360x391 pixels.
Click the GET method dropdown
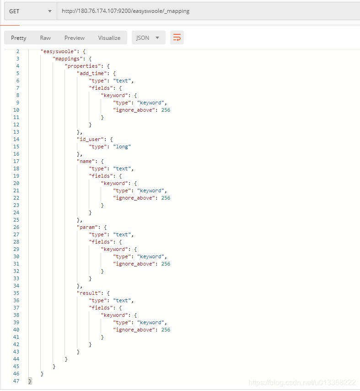pyautogui.click(x=30, y=11)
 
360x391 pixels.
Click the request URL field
pyautogui.click(x=206, y=11)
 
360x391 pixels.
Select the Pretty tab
pyautogui.click(x=19, y=38)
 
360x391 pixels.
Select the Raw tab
pyautogui.click(x=45, y=38)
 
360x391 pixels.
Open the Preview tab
pyautogui.click(x=74, y=38)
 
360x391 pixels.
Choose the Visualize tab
pyautogui.click(x=109, y=38)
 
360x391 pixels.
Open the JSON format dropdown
pyautogui.click(x=148, y=38)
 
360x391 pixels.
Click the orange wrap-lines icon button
pyautogui.click(x=177, y=38)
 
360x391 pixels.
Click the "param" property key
pyautogui.click(x=87, y=227)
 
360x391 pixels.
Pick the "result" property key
pyautogui.click(x=88, y=293)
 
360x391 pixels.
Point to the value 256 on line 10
pyautogui.click(x=166, y=110)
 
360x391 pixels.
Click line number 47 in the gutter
pyautogui.click(x=16, y=381)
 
